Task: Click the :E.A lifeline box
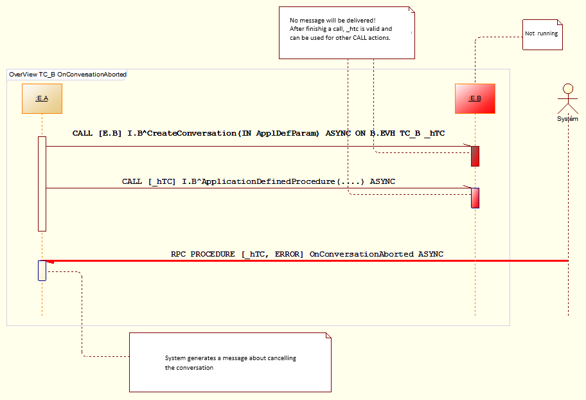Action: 42,98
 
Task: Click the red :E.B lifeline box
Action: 475,98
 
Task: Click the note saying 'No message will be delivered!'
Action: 346,32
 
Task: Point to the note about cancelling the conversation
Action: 230,363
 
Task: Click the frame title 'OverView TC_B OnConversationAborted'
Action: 67,75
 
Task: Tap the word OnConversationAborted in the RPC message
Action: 361,254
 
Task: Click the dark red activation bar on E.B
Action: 475,156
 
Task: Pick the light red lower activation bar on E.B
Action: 475,197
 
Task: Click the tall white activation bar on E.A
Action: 42,183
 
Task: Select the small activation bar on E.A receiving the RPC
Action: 42,270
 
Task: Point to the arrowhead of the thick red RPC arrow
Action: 50,261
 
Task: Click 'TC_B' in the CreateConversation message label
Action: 410,133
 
